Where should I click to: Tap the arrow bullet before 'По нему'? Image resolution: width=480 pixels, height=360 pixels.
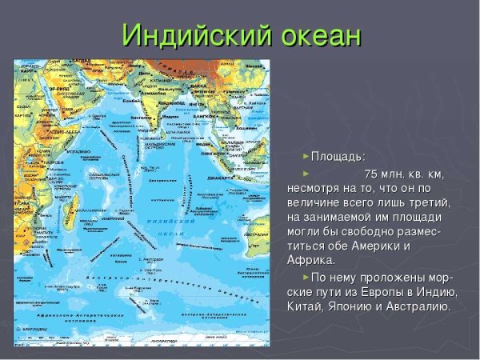(x=305, y=277)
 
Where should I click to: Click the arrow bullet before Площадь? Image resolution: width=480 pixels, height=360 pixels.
(x=305, y=156)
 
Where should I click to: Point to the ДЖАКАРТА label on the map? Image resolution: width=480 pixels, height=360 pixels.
(x=218, y=178)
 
